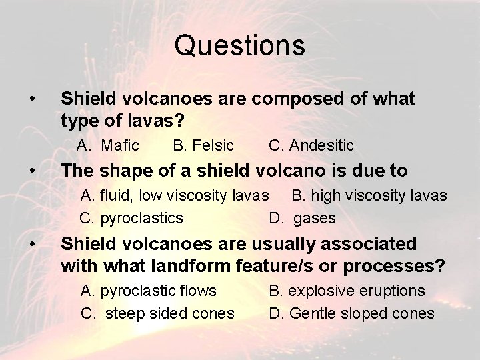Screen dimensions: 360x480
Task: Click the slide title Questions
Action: (240, 46)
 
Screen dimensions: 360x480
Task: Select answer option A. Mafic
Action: (107, 145)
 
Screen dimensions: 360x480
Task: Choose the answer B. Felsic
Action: (203, 145)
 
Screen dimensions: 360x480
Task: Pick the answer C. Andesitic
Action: (311, 145)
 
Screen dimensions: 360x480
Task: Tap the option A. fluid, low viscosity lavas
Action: (175, 195)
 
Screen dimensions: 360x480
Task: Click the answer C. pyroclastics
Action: (131, 218)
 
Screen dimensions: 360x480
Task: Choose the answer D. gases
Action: (302, 218)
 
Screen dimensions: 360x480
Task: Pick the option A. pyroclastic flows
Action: (148, 291)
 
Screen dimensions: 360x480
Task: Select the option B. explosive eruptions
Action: (347, 291)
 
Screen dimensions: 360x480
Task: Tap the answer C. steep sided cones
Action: (157, 313)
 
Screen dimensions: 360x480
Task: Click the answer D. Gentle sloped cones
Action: (351, 313)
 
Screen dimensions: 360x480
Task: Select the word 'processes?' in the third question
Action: (395, 265)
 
